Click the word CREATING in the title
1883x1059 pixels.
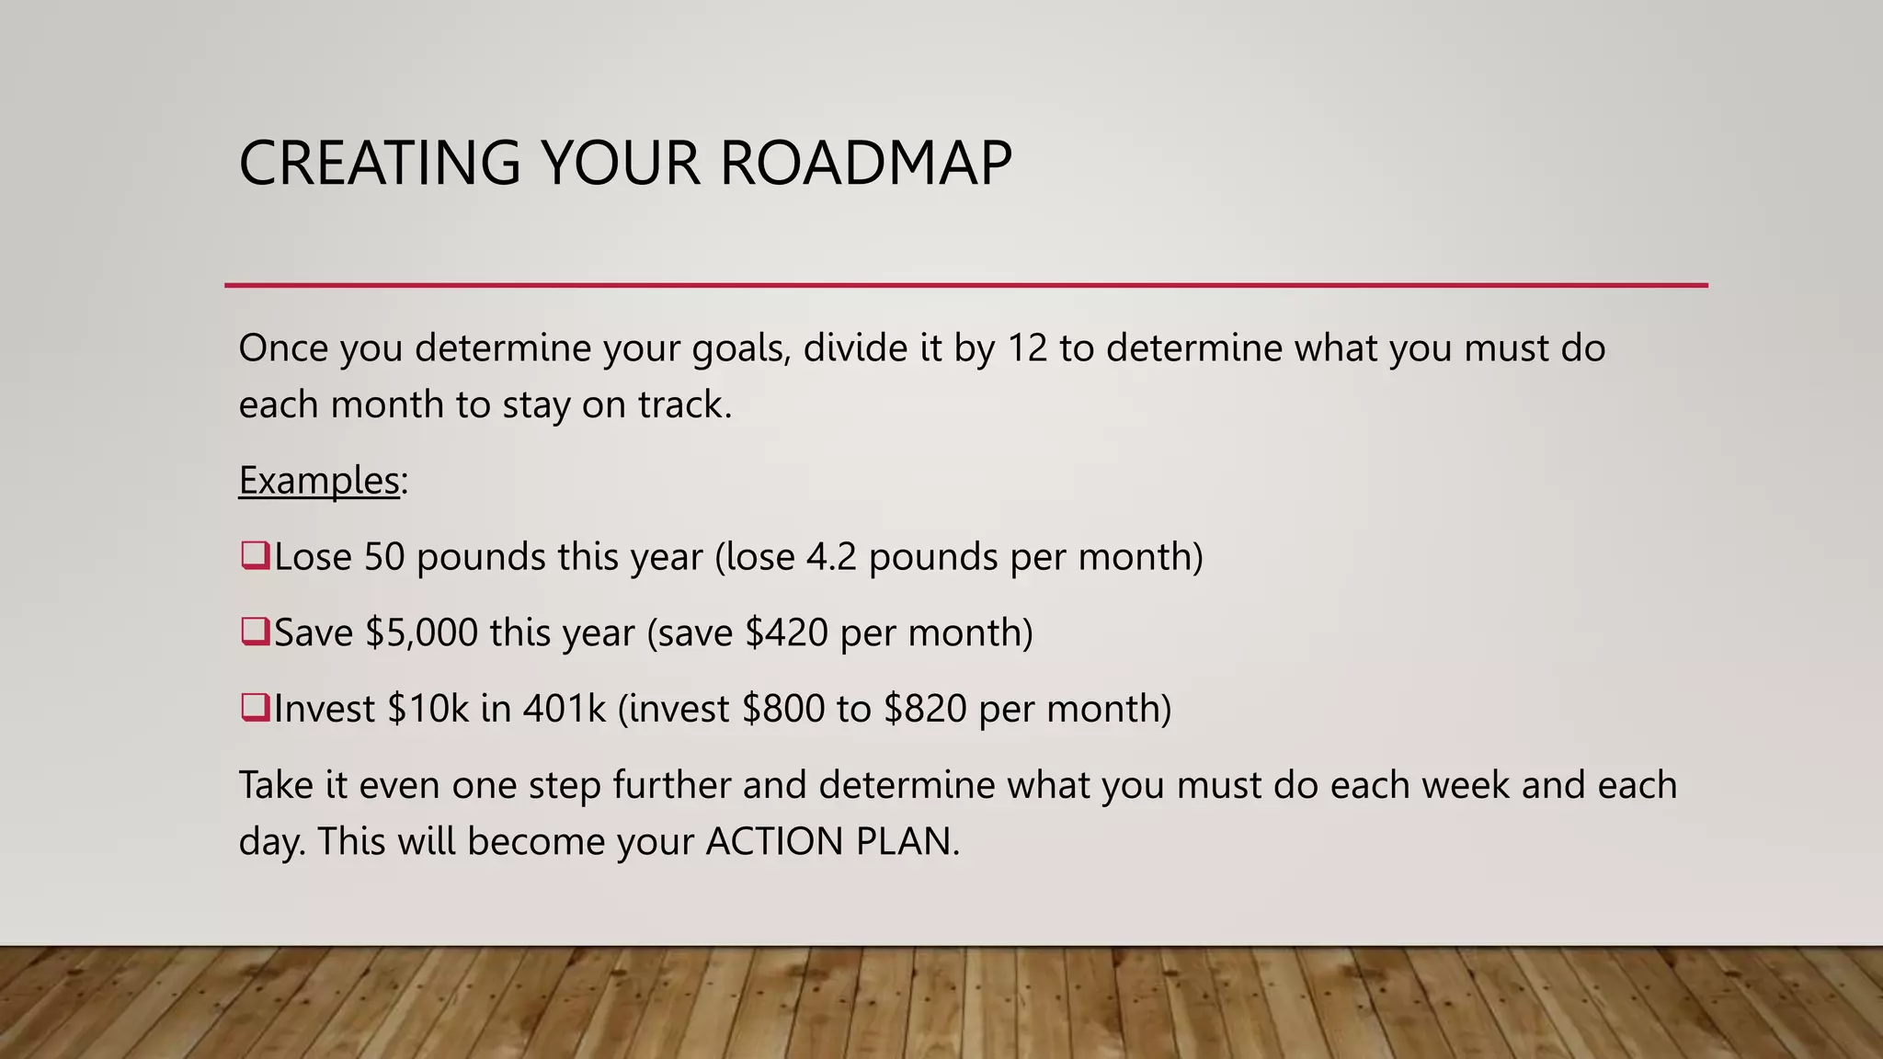click(x=380, y=164)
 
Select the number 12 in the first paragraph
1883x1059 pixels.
click(x=1027, y=348)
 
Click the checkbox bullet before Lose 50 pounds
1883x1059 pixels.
click(x=255, y=555)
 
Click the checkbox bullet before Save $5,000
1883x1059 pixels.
click(x=255, y=632)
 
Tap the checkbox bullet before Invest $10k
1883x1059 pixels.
click(x=255, y=708)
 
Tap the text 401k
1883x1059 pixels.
click(x=565, y=709)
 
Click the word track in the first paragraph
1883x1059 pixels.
click(x=684, y=405)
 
